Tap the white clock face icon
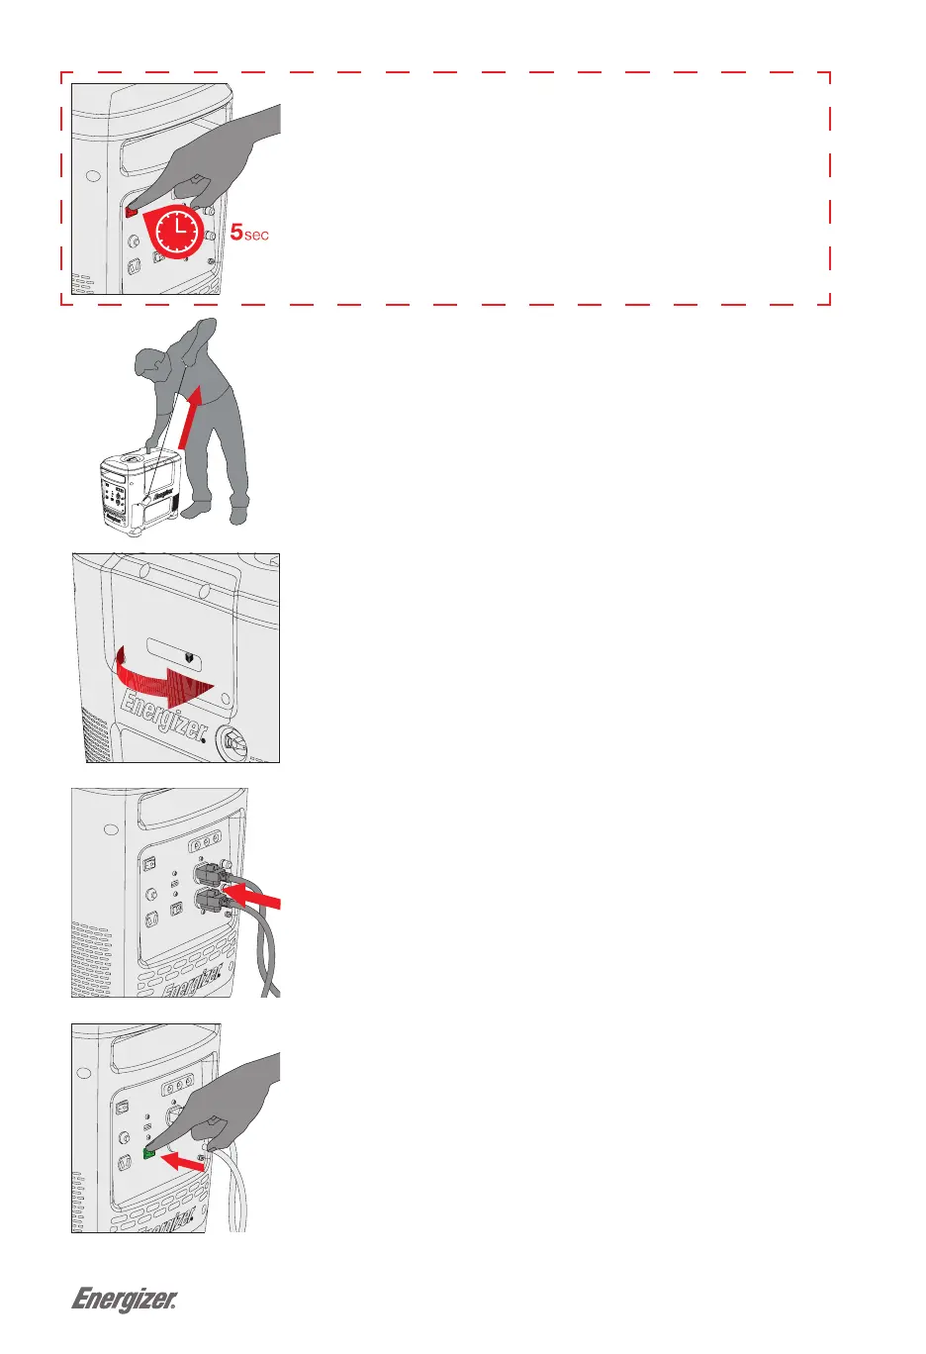(x=176, y=233)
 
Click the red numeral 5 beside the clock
(x=235, y=233)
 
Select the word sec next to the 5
(x=256, y=236)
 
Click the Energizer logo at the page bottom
(x=124, y=1299)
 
